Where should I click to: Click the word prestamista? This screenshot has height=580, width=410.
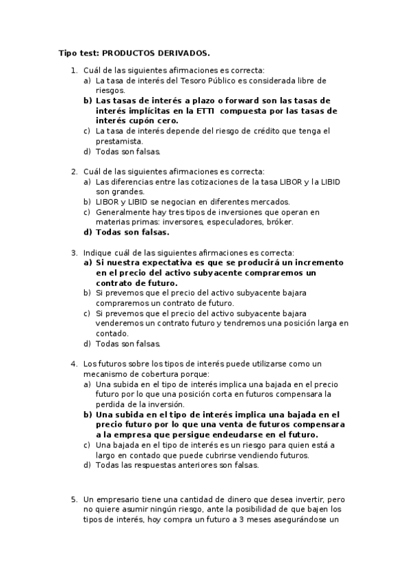click(119, 141)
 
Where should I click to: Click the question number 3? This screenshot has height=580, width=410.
click(74, 252)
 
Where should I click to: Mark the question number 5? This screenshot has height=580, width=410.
click(74, 499)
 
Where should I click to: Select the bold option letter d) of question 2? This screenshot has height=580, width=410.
click(87, 232)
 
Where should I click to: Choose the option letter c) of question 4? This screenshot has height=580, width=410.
click(87, 445)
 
